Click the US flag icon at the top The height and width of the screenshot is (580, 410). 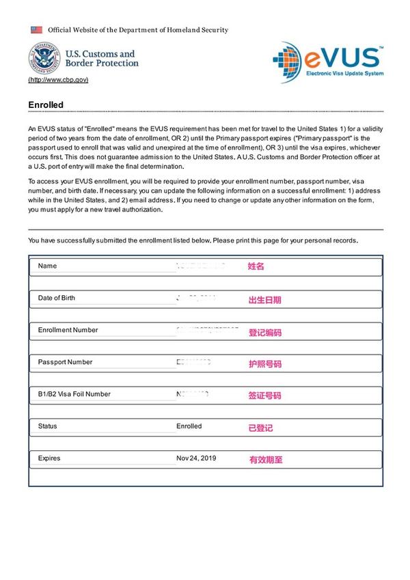[36, 30]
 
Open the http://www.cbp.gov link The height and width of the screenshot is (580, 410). [58, 80]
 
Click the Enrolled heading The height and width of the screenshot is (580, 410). [46, 105]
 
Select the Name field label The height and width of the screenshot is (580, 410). [48, 266]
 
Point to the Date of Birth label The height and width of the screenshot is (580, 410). [57, 298]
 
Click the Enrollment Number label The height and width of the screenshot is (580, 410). [68, 330]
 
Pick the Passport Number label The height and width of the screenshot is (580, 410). [65, 362]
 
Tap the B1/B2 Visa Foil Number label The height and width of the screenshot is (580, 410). [74, 394]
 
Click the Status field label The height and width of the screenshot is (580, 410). [48, 426]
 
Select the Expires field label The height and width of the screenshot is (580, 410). [49, 458]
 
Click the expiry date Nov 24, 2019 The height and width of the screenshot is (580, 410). [196, 458]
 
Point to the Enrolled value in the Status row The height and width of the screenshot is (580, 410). [189, 426]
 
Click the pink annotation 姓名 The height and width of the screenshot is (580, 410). [256, 266]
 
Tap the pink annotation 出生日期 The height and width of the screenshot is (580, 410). [264, 300]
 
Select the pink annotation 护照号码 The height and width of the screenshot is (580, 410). [264, 364]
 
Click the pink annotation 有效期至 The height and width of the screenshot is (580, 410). [266, 460]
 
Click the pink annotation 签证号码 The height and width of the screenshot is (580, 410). [264, 396]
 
